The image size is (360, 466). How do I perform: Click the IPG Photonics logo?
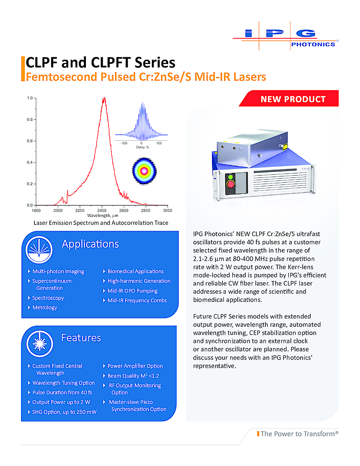point(286,36)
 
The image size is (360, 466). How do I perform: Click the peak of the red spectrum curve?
point(104,98)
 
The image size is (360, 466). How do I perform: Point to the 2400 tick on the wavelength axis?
point(102,207)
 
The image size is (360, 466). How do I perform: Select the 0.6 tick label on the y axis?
point(30,141)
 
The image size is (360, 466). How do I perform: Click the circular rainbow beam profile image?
point(144,171)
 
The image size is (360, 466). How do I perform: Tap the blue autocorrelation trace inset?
point(141,121)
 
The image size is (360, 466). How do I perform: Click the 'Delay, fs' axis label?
point(143,147)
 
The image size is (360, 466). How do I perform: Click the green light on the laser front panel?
point(230,178)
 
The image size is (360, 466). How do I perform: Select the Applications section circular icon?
point(39,250)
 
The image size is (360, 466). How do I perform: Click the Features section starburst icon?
point(40,344)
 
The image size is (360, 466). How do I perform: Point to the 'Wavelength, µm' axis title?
point(103,215)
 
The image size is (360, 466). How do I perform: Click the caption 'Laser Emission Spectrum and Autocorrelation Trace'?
point(101,223)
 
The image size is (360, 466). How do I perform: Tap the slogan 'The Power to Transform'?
point(297,434)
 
